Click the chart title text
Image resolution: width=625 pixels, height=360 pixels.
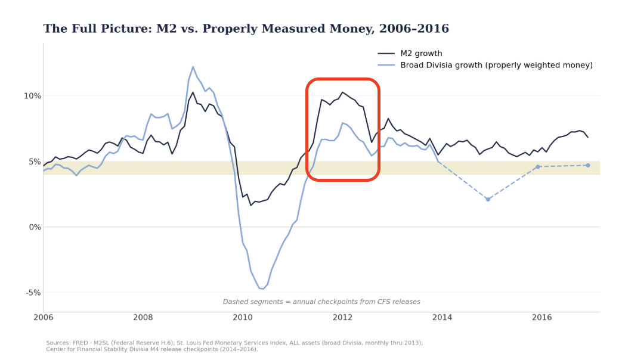click(x=246, y=29)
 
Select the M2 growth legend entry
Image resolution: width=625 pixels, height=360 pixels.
click(x=410, y=54)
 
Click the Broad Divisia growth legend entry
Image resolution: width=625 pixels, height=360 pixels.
click(x=485, y=66)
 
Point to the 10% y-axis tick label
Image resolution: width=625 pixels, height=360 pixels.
click(x=33, y=96)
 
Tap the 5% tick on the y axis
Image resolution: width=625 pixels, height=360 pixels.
click(x=35, y=162)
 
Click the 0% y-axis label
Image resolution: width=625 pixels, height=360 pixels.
click(x=35, y=228)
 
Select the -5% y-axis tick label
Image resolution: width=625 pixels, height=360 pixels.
click(x=33, y=293)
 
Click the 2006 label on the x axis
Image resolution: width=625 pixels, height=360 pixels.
click(x=44, y=318)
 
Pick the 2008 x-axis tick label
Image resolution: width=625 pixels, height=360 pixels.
click(x=143, y=318)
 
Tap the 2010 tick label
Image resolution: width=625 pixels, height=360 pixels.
click(x=243, y=318)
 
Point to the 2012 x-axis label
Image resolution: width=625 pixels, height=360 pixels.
click(x=342, y=318)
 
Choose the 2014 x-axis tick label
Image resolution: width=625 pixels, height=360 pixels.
click(x=442, y=318)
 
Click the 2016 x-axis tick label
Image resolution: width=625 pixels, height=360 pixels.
click(x=542, y=318)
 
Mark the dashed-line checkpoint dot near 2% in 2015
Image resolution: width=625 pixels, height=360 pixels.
click(x=488, y=199)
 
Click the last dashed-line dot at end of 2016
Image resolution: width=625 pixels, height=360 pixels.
click(x=588, y=165)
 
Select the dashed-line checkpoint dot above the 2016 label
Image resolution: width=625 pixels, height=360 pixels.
click(x=538, y=166)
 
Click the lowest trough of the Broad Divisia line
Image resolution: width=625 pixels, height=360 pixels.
click(x=263, y=288)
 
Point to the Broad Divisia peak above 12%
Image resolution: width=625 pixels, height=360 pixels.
click(x=193, y=67)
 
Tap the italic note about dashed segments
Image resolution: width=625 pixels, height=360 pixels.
click(x=321, y=302)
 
